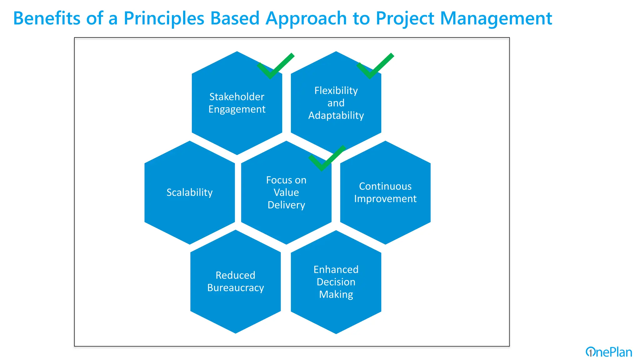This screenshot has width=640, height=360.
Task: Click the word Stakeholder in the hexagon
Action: click(237, 97)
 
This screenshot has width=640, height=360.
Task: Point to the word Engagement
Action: click(237, 109)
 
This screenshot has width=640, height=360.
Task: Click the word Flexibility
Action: click(336, 91)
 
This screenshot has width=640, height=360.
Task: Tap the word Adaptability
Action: click(336, 116)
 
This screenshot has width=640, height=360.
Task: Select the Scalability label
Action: click(189, 192)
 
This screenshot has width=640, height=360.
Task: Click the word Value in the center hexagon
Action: click(286, 192)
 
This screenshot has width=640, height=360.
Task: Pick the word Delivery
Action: click(286, 205)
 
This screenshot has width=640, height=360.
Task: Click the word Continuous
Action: click(385, 186)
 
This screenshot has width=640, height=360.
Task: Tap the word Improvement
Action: click(385, 199)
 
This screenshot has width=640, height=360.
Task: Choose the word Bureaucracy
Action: click(235, 288)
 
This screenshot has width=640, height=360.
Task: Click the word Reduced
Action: click(235, 275)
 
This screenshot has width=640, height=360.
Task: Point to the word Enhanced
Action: click(336, 270)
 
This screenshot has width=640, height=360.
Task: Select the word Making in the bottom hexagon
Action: click(336, 295)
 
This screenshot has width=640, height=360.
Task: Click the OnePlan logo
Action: click(608, 352)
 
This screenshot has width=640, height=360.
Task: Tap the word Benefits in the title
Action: click(47, 18)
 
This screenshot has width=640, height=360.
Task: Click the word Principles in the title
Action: click(164, 18)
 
